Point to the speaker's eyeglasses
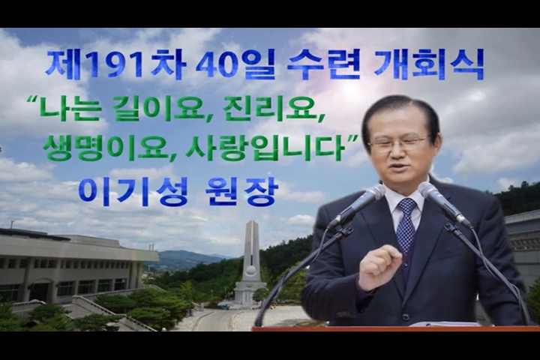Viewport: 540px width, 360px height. coord(400,141)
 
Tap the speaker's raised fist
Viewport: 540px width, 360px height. coord(379,269)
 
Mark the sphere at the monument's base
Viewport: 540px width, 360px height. coord(251,271)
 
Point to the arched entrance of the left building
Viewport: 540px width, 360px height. coord(41,290)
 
